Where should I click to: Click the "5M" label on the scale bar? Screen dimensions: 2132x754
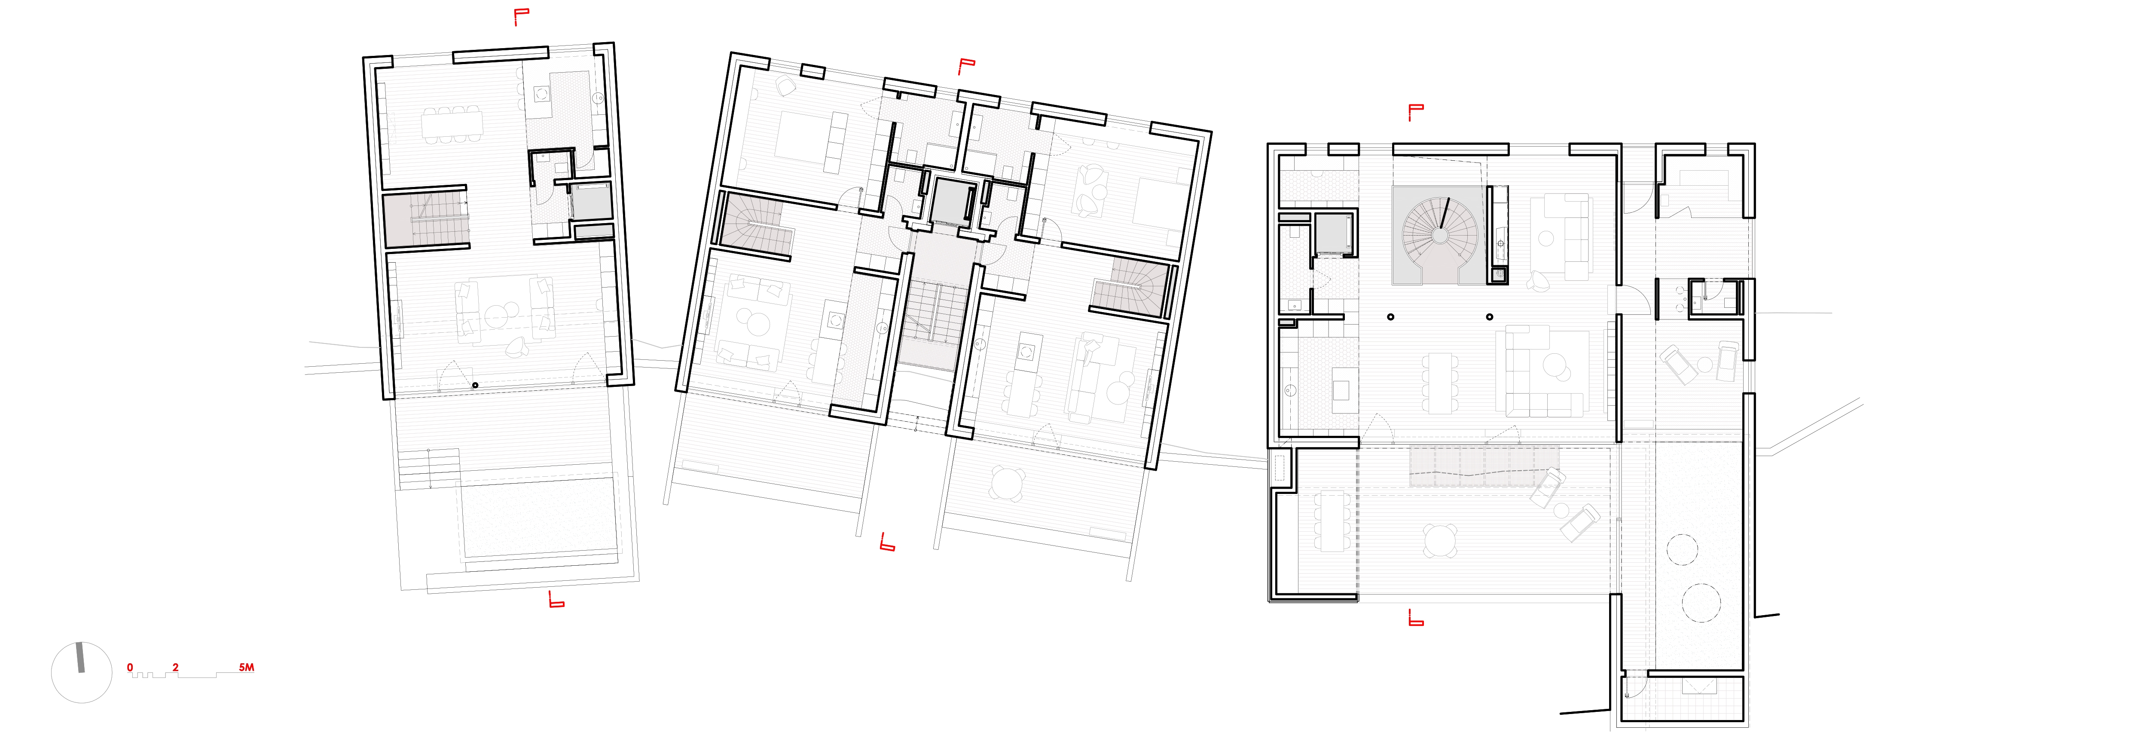click(246, 667)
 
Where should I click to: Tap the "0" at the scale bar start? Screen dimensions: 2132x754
click(130, 667)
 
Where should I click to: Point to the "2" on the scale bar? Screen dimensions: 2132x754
click(175, 667)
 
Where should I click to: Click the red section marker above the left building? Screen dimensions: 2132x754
click(521, 17)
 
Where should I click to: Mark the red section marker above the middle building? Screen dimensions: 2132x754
click(966, 66)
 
